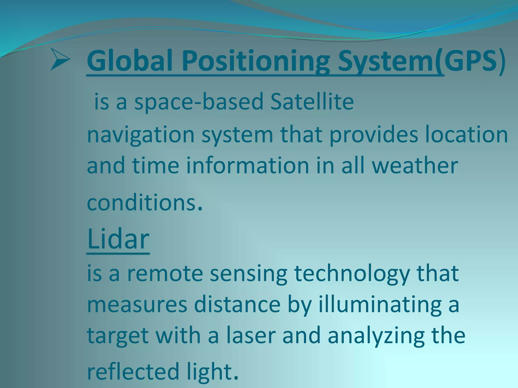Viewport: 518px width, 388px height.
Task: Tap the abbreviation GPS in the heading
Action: coord(470,61)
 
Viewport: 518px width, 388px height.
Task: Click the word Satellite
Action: coord(312,101)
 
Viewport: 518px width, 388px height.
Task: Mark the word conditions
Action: coord(142,203)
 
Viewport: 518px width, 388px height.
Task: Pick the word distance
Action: coord(237,304)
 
